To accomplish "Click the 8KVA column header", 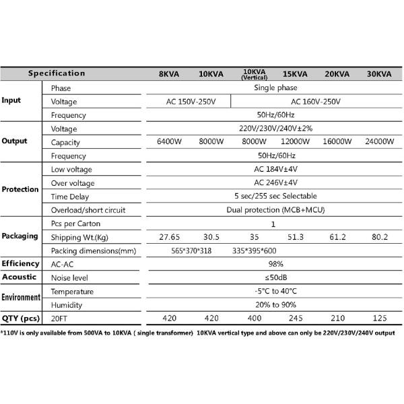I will pyautogui.click(x=168, y=73).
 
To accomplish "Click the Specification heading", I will pyautogui.click(x=57, y=73).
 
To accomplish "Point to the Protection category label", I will pyautogui.click(x=20, y=189).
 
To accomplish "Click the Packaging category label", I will pyautogui.click(x=20, y=236).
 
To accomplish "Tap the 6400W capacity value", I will pyautogui.click(x=168, y=141).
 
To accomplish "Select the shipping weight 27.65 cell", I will pyautogui.click(x=168, y=237).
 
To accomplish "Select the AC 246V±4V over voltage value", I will pyautogui.click(x=275, y=182).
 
